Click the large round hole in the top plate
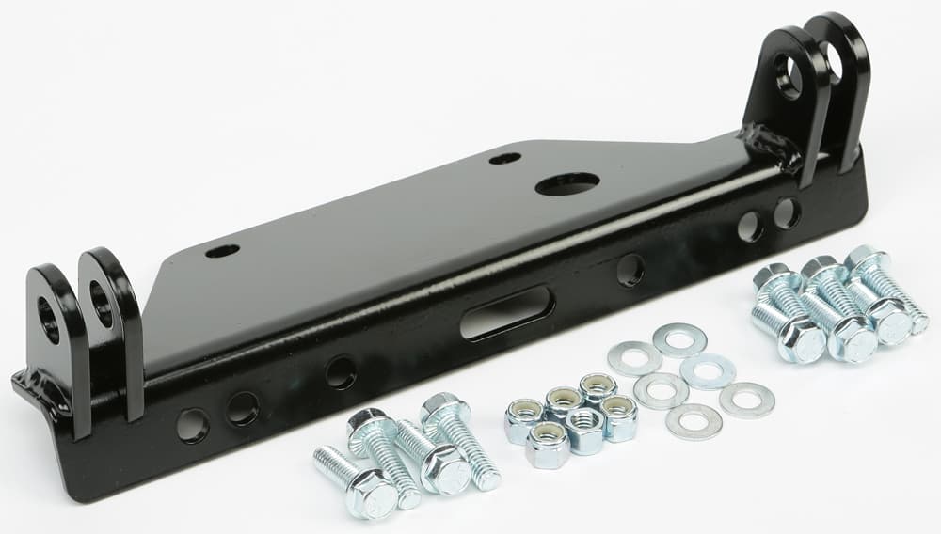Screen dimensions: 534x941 [x=567, y=184]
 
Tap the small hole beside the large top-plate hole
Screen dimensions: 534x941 [x=505, y=158]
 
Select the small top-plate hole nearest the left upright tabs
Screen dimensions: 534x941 [x=222, y=251]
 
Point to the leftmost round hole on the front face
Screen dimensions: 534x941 [x=193, y=425]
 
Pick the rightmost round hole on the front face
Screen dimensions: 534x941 [x=787, y=212]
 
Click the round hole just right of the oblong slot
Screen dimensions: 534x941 [x=630, y=271]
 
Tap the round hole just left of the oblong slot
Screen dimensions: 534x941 [x=341, y=372]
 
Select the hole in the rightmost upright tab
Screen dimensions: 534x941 [x=832, y=61]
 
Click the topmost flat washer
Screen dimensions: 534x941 [x=679, y=339]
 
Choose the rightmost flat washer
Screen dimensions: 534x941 [x=747, y=400]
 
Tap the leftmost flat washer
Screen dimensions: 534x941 [x=634, y=358]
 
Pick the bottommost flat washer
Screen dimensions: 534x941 [x=694, y=421]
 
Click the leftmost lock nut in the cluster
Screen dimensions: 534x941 [x=524, y=420]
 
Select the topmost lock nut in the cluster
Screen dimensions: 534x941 [x=598, y=388]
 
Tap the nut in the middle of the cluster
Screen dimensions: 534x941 [x=583, y=429]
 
